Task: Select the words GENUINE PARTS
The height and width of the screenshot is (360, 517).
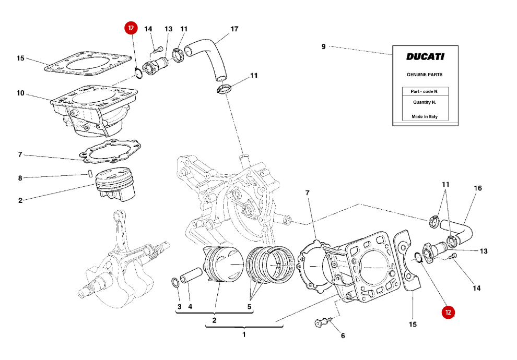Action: [x=425, y=75]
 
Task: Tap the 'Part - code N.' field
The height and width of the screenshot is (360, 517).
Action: [x=425, y=91]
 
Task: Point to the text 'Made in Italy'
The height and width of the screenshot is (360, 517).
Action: [x=425, y=117]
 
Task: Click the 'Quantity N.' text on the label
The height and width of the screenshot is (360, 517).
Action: [x=425, y=102]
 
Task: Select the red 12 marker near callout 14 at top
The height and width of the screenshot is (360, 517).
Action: [x=131, y=28]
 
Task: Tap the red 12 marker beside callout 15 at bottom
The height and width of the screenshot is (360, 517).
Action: [x=448, y=312]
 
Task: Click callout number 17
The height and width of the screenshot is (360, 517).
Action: [x=234, y=29]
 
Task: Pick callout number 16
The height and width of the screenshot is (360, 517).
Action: [x=478, y=188]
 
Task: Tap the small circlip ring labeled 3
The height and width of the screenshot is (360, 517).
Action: [x=175, y=283]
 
